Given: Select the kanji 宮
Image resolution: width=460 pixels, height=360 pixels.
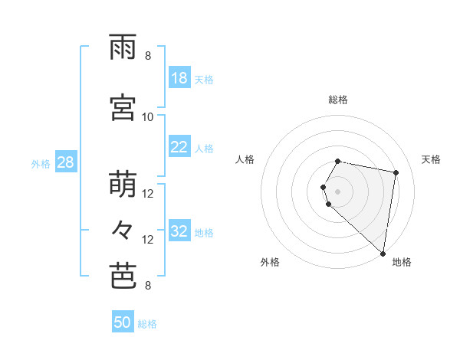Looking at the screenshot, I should tap(123, 108).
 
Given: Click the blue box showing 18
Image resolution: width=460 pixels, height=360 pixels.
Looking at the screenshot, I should tap(179, 78).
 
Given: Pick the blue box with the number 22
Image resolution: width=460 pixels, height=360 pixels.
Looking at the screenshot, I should tap(179, 148).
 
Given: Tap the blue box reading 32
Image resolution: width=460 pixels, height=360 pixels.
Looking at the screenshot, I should tap(179, 231).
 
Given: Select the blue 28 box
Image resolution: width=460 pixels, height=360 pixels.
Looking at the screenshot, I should tap(65, 162).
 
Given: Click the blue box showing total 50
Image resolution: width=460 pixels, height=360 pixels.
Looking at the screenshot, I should tap(123, 322).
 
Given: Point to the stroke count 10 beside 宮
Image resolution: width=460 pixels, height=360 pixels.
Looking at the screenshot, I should tap(148, 116).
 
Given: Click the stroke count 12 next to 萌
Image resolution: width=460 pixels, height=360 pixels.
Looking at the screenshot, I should tap(148, 194).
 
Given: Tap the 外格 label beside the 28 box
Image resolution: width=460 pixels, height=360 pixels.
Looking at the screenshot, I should tap(40, 163).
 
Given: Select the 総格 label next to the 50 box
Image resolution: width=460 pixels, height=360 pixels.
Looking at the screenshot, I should tap(147, 324).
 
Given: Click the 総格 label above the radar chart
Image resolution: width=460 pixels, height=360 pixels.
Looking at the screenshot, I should tap(338, 100).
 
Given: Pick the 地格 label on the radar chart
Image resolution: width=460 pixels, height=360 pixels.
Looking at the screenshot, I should tap(402, 262).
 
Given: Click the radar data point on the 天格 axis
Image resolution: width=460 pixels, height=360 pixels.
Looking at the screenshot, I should tap(396, 172).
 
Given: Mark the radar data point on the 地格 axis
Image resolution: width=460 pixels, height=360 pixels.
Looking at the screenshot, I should tap(383, 253).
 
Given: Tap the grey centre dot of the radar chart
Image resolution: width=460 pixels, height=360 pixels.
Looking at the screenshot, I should tap(338, 191).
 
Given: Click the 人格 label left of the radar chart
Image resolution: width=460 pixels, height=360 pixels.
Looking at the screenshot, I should tap(245, 159).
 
